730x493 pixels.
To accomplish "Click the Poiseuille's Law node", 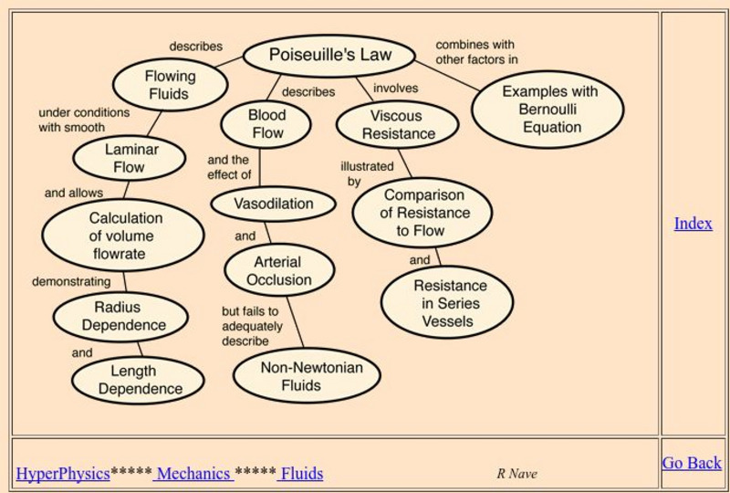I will [x=329, y=56].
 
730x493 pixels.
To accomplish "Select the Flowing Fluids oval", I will [x=169, y=85].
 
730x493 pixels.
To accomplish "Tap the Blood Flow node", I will [x=266, y=125].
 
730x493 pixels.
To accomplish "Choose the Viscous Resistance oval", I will [x=397, y=125].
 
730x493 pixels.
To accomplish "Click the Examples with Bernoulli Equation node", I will [x=548, y=110].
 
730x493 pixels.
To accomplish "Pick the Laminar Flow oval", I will [x=130, y=158].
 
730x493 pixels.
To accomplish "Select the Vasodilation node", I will [x=274, y=204].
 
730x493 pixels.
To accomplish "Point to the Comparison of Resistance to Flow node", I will [x=422, y=213].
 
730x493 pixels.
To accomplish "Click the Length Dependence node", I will [x=139, y=380].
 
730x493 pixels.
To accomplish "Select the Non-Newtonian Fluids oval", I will [x=307, y=376].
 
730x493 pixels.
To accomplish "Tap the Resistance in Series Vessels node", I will [x=446, y=303].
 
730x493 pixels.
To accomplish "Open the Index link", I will [x=693, y=224].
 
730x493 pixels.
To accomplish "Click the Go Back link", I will [x=691, y=463].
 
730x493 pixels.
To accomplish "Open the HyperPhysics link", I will [x=63, y=474].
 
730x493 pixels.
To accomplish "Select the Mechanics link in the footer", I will [x=193, y=474].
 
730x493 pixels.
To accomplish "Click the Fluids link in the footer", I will [x=301, y=474].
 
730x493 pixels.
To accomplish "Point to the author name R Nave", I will [x=516, y=474].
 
